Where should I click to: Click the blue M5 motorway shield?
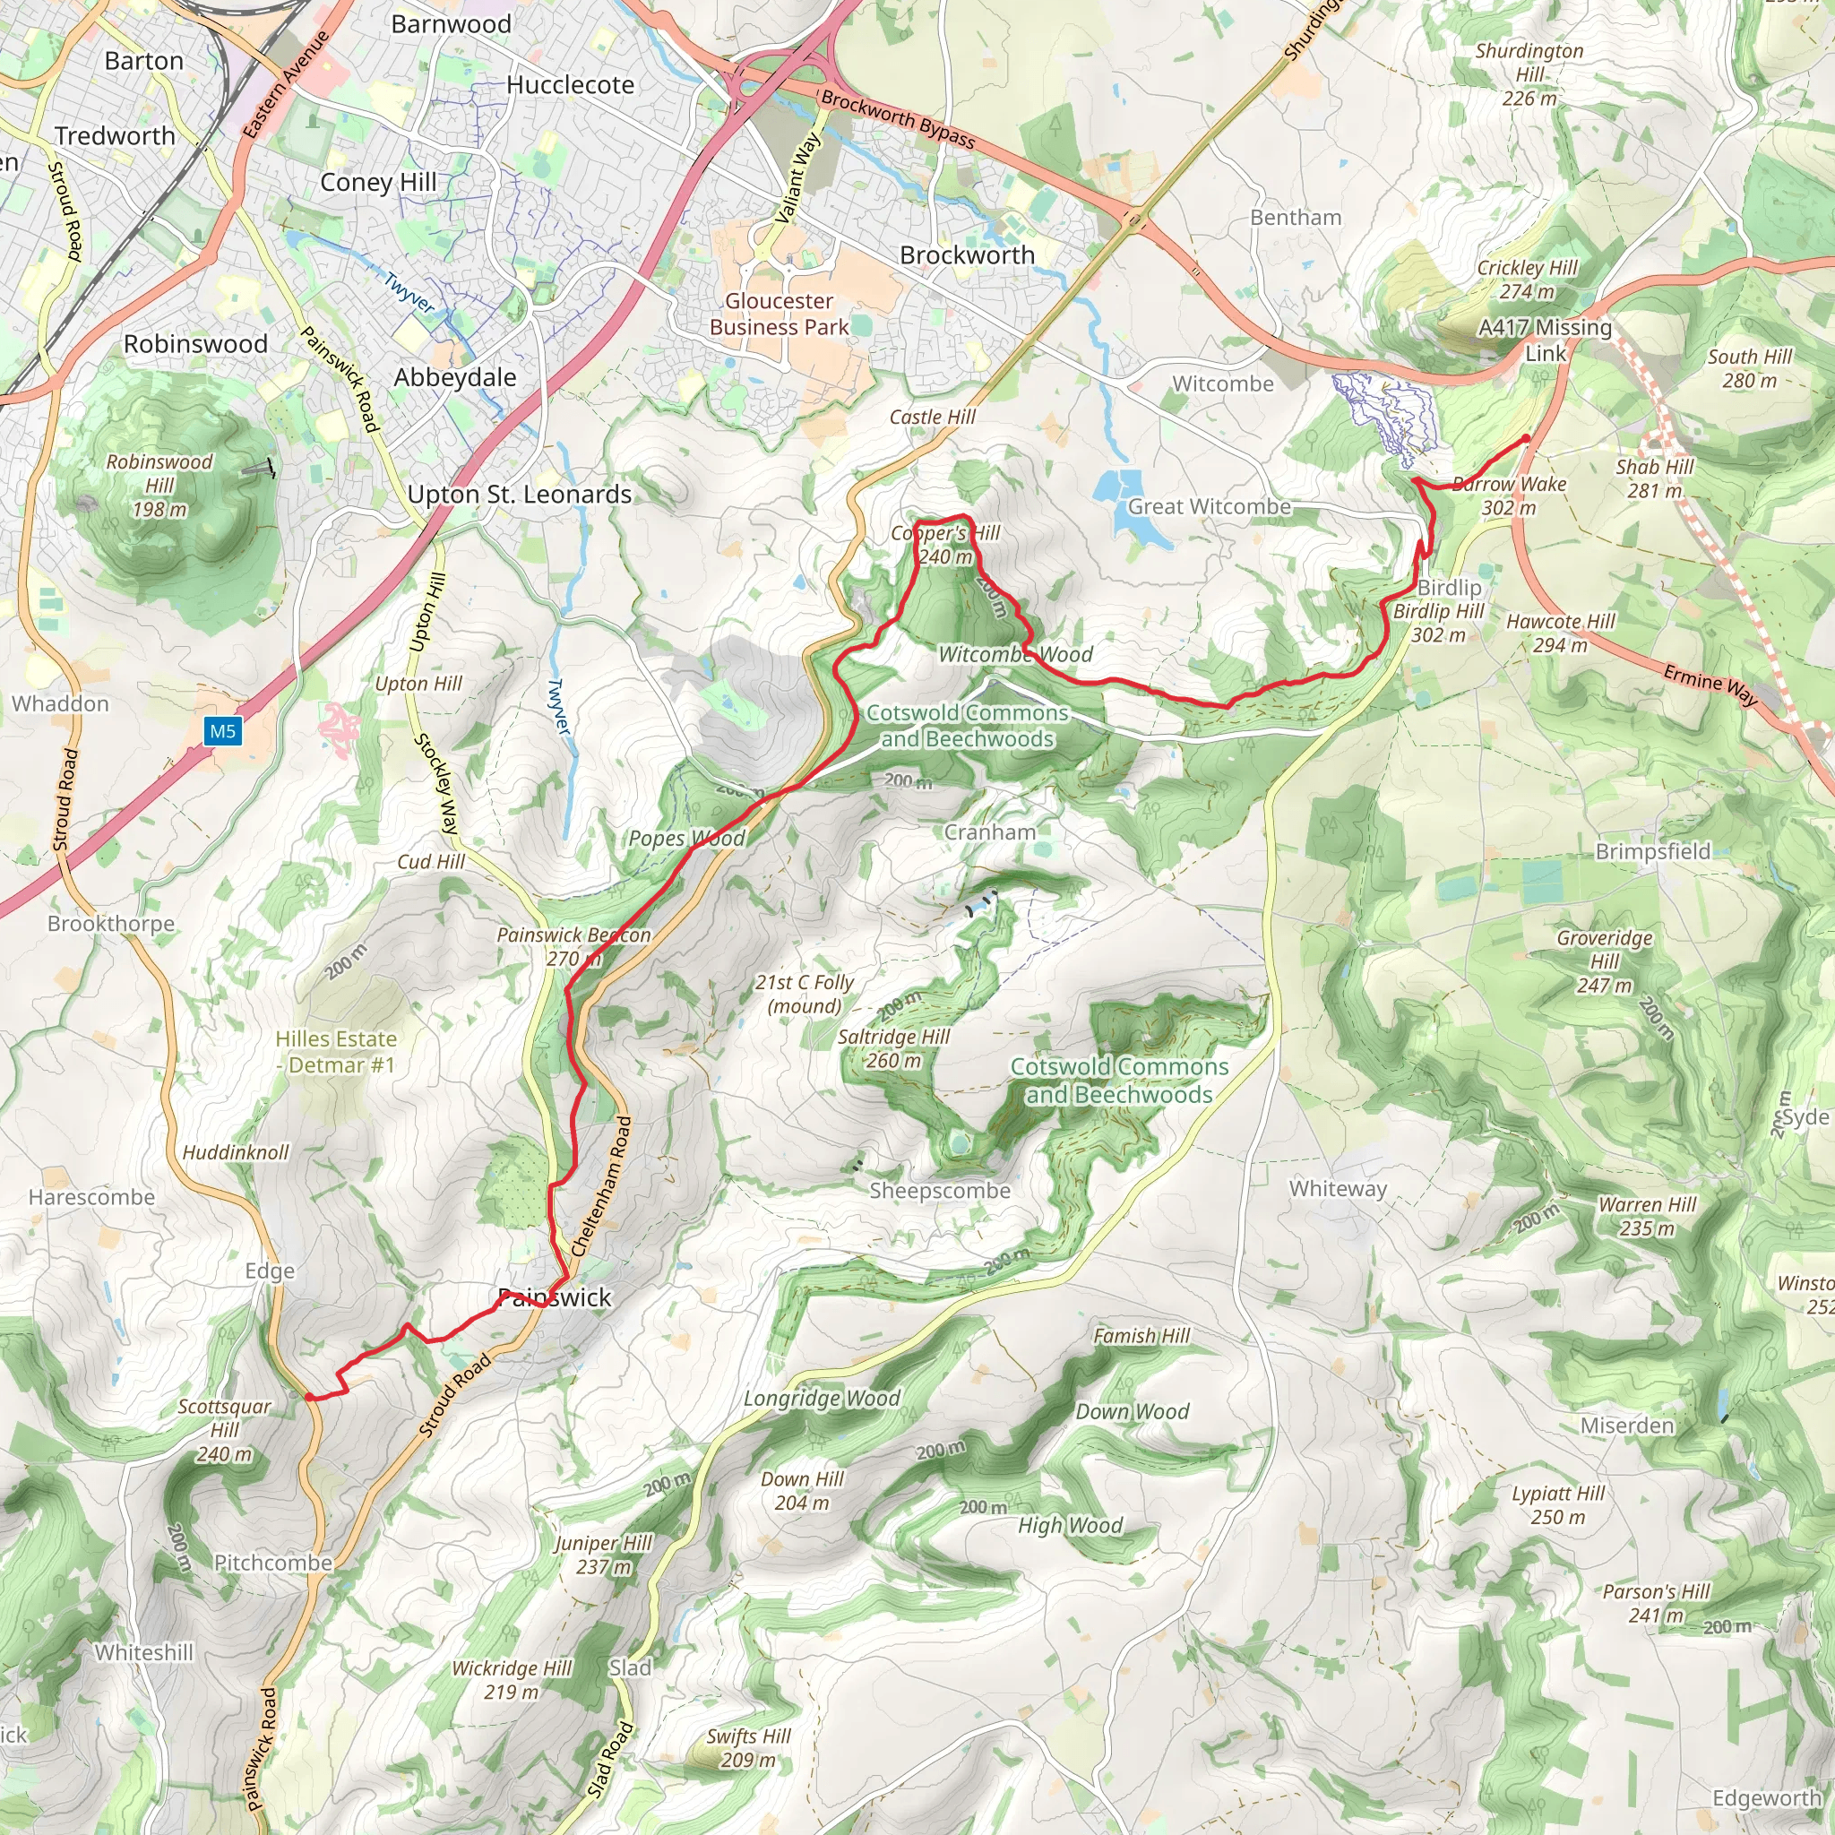[x=222, y=730]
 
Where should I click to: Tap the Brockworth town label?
[x=967, y=255]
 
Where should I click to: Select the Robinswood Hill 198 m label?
[x=159, y=486]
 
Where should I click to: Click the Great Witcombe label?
[x=1208, y=507]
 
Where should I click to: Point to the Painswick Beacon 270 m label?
[x=573, y=946]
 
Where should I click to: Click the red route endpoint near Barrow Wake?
[x=1526, y=439]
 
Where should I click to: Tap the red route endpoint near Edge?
[x=310, y=1396]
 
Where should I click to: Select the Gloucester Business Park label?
[x=779, y=314]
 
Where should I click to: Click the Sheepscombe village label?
[x=939, y=1190]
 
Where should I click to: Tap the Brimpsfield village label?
[x=1652, y=851]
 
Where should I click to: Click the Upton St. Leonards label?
[x=520, y=495]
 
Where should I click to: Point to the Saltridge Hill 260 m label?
[x=892, y=1048]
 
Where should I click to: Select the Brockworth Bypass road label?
[x=898, y=120]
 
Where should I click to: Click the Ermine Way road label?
[x=1710, y=685]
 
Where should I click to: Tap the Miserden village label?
[x=1627, y=1426]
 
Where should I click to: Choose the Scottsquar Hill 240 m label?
[x=224, y=1430]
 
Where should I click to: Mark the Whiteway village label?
[x=1338, y=1189]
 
